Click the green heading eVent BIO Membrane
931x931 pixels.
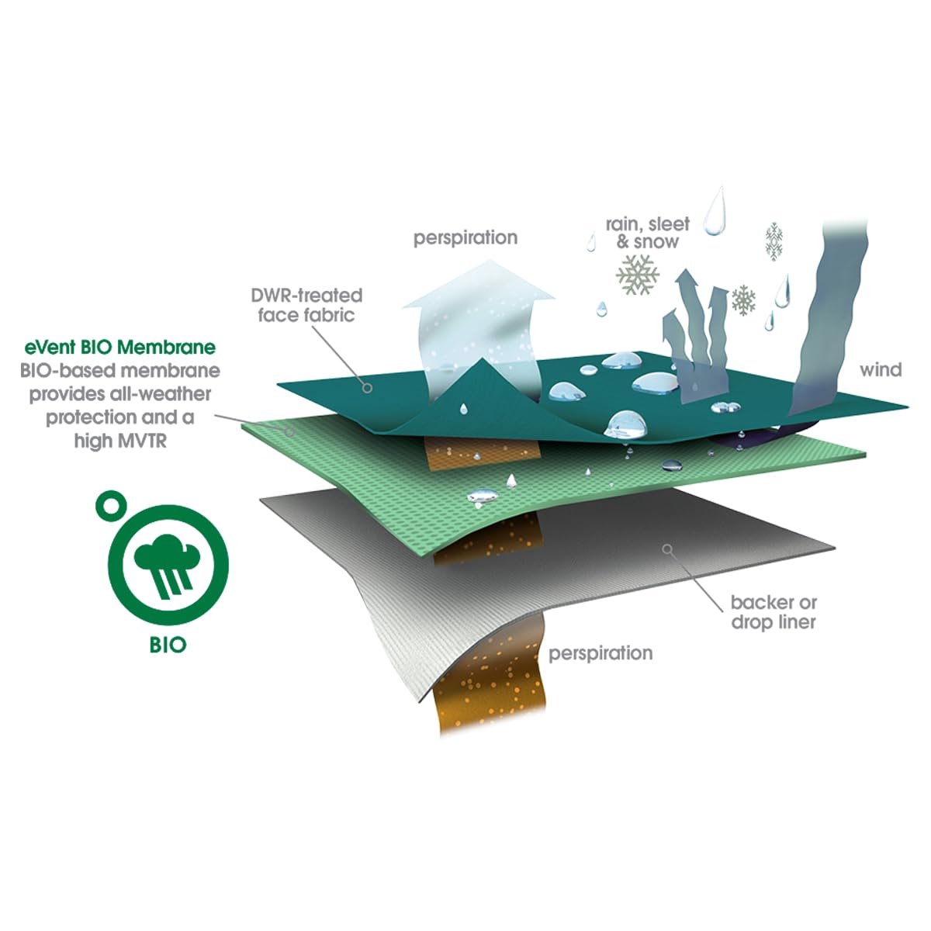[119, 348]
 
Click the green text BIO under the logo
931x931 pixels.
[168, 645]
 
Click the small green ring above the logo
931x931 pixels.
[111, 505]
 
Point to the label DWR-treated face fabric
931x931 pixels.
[306, 305]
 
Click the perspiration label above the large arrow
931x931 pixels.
[465, 238]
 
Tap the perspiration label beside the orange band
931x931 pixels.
[600, 654]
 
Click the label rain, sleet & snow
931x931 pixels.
[647, 233]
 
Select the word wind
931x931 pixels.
[881, 370]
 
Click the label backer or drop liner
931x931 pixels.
[774, 611]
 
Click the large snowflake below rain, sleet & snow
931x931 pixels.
[637, 275]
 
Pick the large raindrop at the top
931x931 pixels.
[715, 211]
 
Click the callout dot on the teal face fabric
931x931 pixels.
[367, 387]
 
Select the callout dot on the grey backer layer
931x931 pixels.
[667, 549]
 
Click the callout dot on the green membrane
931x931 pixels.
[289, 431]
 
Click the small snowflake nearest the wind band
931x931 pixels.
[774, 241]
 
